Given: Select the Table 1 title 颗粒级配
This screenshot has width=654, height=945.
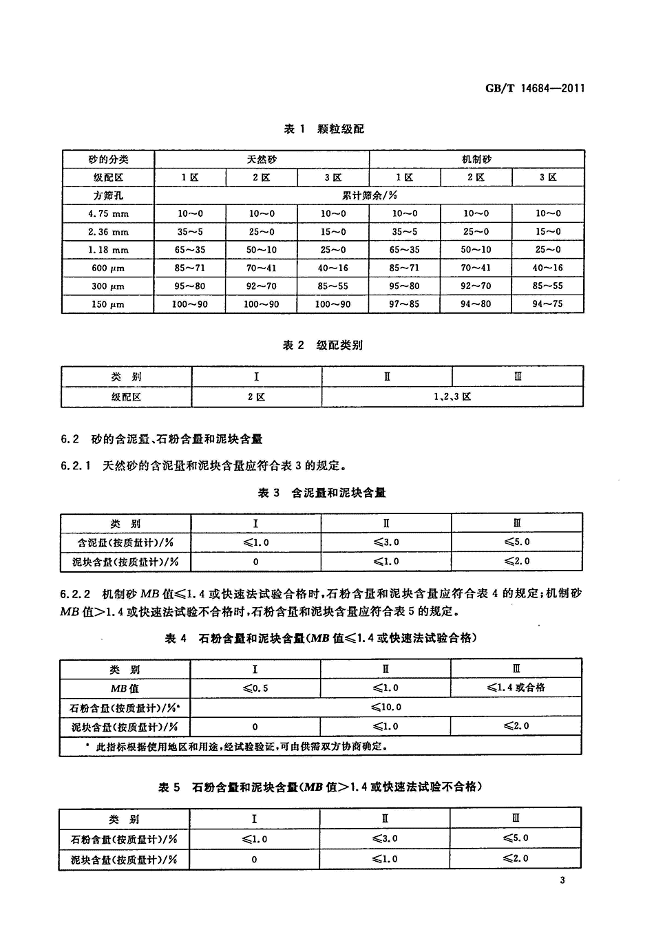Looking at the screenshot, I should click(323, 129).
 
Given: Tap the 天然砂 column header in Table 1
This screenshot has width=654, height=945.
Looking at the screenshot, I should click(262, 159).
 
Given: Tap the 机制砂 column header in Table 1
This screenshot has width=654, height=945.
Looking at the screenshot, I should click(476, 159).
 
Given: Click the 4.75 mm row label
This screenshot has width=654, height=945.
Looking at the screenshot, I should click(108, 214).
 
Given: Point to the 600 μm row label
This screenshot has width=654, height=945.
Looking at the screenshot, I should click(108, 268).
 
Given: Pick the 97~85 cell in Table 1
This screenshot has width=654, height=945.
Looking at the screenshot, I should click(405, 304).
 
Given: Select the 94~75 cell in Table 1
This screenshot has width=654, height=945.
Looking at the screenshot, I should click(548, 304).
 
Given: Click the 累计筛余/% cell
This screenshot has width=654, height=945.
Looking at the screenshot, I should click(370, 195).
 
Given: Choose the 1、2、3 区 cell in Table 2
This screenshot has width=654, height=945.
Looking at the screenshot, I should click(452, 397).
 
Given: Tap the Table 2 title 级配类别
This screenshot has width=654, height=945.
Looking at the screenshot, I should click(323, 345).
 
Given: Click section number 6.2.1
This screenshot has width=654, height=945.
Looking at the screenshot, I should click(76, 466).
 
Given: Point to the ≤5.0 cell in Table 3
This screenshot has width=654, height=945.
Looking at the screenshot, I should click(517, 542).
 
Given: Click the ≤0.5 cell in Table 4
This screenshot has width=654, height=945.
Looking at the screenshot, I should click(255, 688).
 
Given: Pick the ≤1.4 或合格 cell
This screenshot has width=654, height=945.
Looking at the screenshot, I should click(516, 688).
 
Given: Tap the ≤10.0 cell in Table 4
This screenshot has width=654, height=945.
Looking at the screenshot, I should click(386, 707).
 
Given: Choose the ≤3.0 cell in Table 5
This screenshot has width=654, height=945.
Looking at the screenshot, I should click(386, 839).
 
